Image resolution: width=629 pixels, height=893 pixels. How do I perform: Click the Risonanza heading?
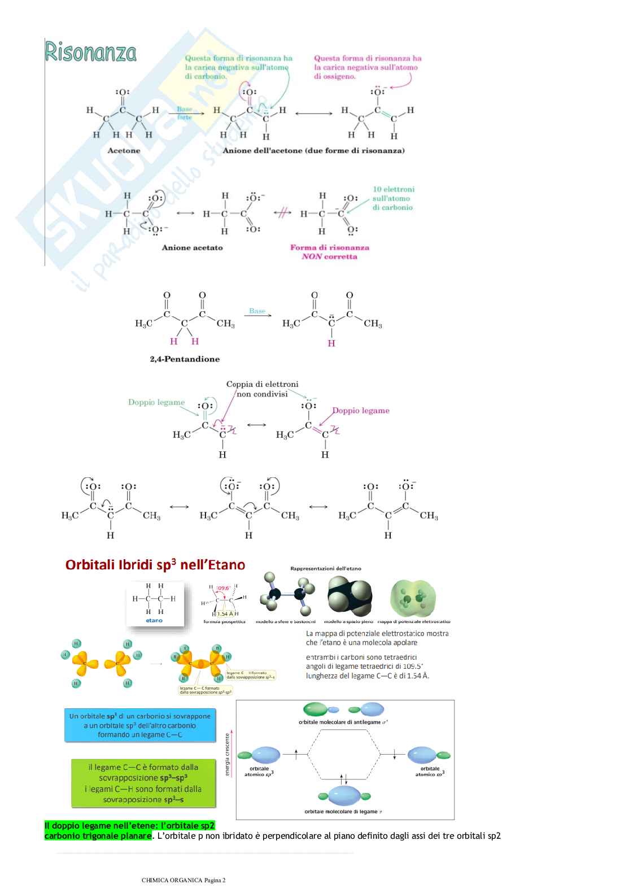(90, 53)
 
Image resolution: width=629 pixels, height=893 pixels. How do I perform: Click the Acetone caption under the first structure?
(124, 151)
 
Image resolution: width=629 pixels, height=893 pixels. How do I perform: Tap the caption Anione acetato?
(192, 247)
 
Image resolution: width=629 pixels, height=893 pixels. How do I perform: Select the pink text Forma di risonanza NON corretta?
(329, 252)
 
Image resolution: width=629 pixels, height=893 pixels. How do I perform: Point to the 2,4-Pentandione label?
(185, 359)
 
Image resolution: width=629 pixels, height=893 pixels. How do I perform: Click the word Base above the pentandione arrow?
(257, 311)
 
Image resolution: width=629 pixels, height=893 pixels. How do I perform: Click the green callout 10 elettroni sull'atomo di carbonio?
(393, 198)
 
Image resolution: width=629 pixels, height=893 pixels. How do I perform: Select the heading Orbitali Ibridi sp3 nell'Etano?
(155, 565)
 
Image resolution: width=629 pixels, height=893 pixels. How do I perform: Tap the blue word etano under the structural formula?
(154, 620)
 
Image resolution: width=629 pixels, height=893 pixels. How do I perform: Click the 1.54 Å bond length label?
(225, 613)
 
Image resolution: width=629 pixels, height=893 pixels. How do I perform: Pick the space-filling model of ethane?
(350, 597)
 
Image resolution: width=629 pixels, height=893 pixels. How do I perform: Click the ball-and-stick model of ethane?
(286, 597)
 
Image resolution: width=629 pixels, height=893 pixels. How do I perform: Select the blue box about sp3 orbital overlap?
(140, 725)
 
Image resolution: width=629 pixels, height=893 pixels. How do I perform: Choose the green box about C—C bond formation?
(143, 783)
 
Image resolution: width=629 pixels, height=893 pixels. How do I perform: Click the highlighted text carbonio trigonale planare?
(98, 836)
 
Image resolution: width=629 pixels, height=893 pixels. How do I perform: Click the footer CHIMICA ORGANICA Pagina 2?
(184, 880)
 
